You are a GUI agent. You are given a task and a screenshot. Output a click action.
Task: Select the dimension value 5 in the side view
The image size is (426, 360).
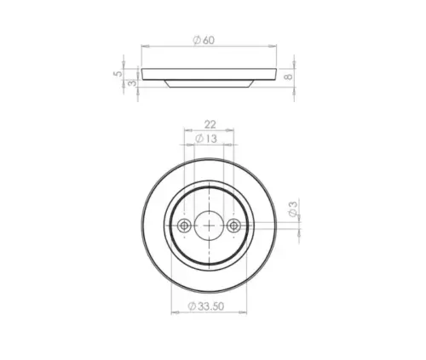point(117,75)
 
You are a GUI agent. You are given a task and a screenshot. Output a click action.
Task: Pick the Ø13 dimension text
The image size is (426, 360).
point(207,138)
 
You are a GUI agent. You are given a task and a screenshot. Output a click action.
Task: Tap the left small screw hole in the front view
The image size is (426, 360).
point(185,226)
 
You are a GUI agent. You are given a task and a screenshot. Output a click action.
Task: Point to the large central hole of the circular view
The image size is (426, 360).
point(209,226)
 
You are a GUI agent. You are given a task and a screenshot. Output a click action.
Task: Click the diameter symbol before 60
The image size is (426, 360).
point(197,40)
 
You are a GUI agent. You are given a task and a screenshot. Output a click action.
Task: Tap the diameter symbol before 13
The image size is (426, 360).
point(199,138)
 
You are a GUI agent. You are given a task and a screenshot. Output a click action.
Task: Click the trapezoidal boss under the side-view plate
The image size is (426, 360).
point(209,83)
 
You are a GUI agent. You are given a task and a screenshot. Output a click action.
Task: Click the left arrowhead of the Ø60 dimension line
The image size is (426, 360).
point(142,48)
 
